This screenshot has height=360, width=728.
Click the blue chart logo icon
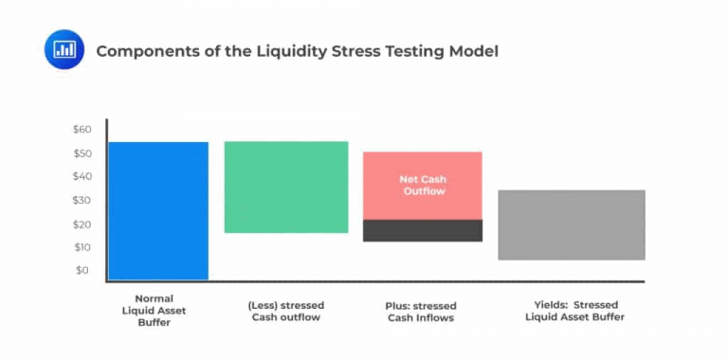(x=64, y=49)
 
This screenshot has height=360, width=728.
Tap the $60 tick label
(x=82, y=129)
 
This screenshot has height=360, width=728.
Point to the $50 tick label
(x=82, y=153)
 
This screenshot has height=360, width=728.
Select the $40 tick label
(x=82, y=176)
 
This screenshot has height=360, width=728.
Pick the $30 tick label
(x=82, y=200)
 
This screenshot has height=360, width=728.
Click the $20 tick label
(x=82, y=224)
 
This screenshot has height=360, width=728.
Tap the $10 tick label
(x=82, y=247)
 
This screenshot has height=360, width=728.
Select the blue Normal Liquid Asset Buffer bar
(x=158, y=210)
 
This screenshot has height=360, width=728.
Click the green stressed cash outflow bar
(x=285, y=187)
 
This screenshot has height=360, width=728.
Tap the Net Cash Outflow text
(x=423, y=185)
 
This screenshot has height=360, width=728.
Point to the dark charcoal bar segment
(x=423, y=230)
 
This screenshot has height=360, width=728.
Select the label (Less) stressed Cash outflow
(x=285, y=311)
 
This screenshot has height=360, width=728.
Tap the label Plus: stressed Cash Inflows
(x=422, y=312)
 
